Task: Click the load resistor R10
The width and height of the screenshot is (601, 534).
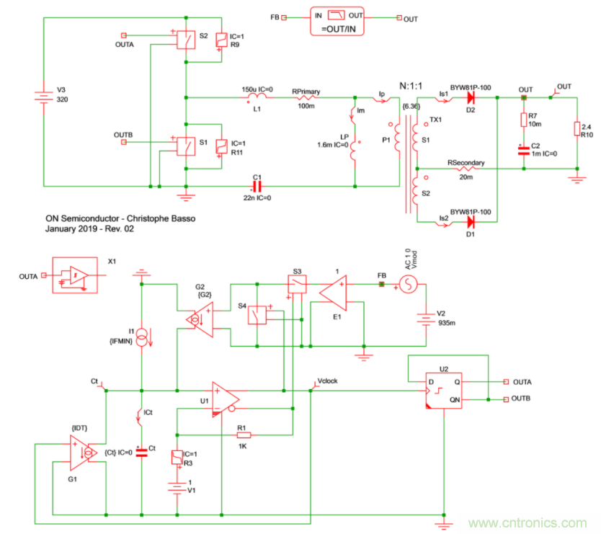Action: tap(576, 128)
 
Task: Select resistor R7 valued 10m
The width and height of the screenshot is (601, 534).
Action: tap(524, 120)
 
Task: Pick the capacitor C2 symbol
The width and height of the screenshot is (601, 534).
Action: tap(524, 149)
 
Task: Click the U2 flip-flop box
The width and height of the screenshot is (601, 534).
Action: tap(441, 391)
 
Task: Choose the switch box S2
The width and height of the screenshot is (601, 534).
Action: tap(187, 40)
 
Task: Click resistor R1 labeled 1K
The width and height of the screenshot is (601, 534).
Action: tap(244, 435)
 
